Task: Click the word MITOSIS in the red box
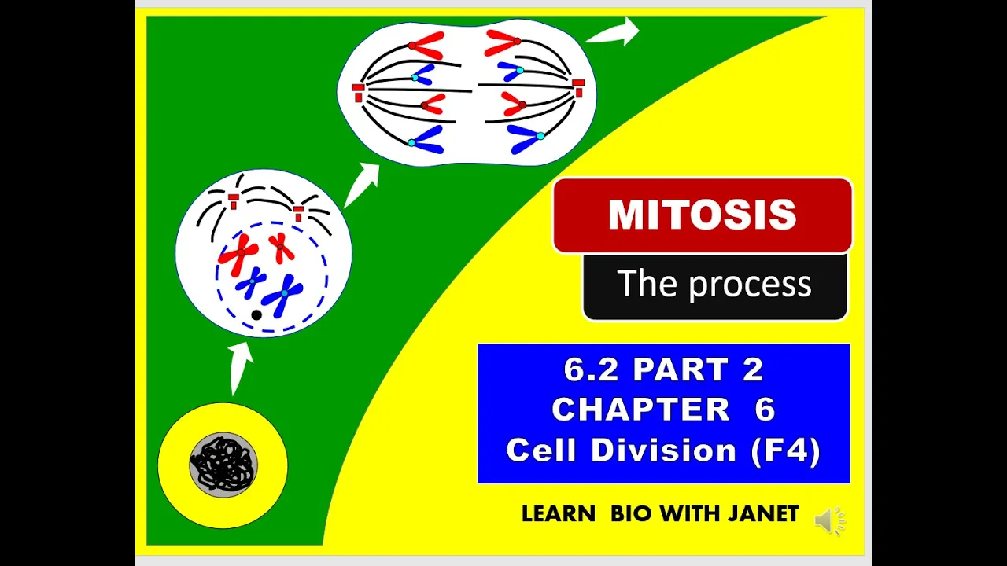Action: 703,215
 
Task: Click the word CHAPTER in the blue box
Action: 640,410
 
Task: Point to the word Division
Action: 663,449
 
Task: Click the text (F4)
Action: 785,450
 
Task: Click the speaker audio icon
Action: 830,521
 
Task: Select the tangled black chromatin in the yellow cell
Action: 223,465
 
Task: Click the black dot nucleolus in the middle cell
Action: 256,315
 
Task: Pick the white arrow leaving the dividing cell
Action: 613,32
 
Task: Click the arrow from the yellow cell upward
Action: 239,369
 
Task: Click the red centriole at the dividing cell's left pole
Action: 358,93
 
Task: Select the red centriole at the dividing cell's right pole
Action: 578,87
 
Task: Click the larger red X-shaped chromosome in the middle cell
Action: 239,254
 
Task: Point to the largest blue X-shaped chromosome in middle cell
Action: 283,294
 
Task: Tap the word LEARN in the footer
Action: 559,514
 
